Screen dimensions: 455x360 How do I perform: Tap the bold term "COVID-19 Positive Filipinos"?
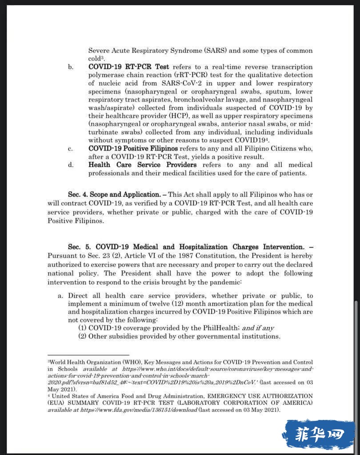[x=133, y=148]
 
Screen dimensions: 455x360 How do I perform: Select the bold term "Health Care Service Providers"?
[x=142, y=165]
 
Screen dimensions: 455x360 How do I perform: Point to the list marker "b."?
[x=70, y=67]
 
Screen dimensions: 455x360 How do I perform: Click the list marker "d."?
[x=70, y=165]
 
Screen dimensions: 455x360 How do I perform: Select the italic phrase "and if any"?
[x=258, y=328]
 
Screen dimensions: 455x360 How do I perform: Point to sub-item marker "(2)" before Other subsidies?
[x=83, y=336]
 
